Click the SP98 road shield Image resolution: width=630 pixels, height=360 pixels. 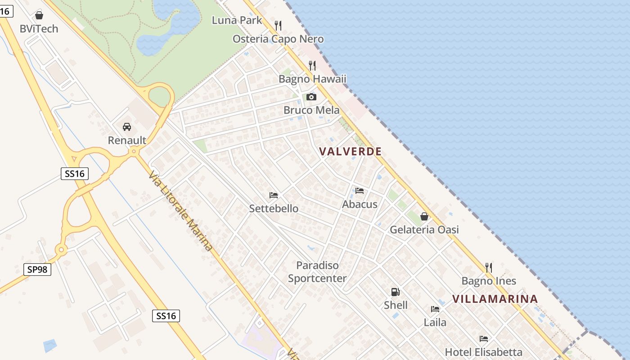tap(37, 270)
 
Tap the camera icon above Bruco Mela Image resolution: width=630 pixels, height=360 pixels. tap(311, 97)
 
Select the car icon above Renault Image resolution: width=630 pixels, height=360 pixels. tap(127, 127)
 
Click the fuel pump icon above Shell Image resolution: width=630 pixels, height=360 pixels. tap(395, 292)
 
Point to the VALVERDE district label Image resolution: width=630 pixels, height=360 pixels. tap(351, 152)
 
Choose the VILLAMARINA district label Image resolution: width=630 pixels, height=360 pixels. tap(495, 299)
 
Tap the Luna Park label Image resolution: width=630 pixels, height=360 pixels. tap(237, 20)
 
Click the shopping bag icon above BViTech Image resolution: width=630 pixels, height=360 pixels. tap(39, 15)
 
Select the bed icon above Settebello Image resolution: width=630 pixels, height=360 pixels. tap(274, 195)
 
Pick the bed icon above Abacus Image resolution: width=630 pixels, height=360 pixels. tap(359, 191)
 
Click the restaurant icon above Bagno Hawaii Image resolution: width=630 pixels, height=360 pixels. tap(312, 66)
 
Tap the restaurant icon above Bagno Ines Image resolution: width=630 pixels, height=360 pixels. tap(489, 268)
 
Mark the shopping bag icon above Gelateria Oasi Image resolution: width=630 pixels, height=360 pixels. tap(424, 216)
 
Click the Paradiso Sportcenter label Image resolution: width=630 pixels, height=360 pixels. tap(317, 272)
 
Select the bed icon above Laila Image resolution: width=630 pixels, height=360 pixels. tap(435, 309)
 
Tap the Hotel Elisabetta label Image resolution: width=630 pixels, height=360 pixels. tap(484, 352)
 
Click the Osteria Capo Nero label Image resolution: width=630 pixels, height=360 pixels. tap(278, 39)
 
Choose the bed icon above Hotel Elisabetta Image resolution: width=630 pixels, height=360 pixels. tap(484, 339)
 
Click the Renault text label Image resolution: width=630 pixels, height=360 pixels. tap(127, 140)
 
